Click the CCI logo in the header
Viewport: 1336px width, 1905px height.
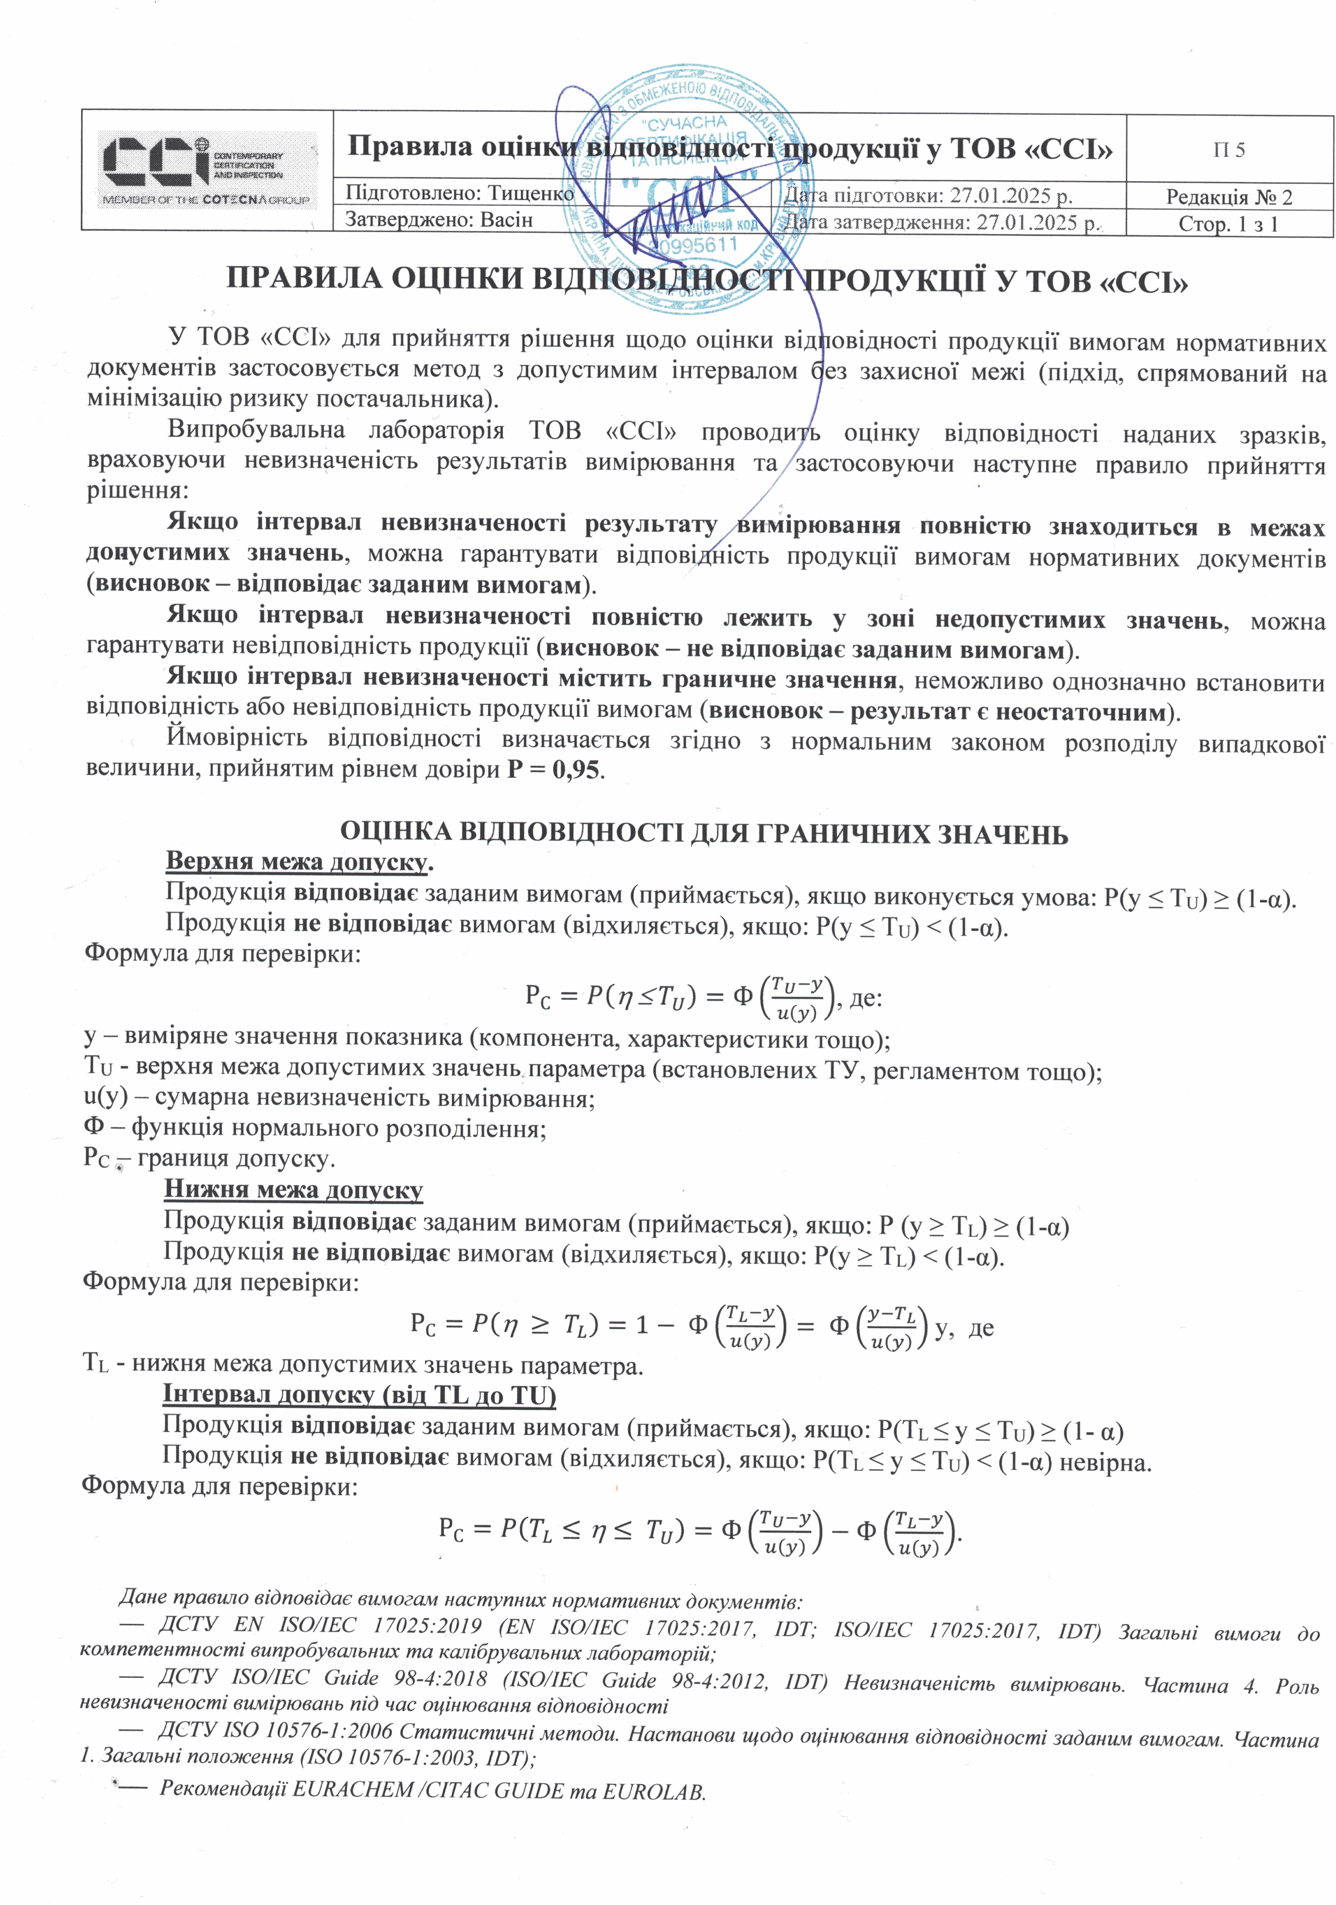pos(206,169)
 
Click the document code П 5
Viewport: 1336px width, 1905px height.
pos(1229,150)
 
